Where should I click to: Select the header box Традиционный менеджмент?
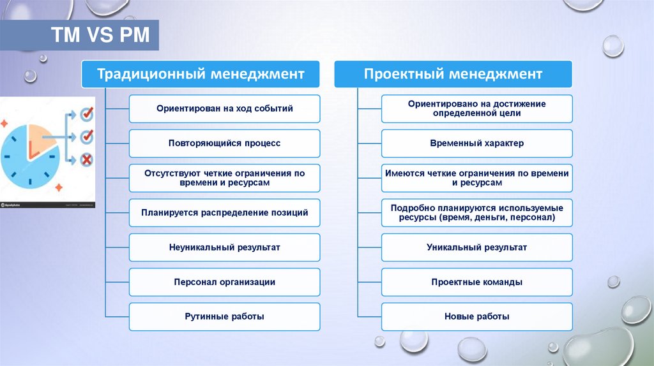click(x=201, y=75)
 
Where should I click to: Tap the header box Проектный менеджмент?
click(x=453, y=75)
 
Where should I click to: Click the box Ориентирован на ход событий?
click(x=225, y=108)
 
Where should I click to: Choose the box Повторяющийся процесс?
click(x=225, y=143)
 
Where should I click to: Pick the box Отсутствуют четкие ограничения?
click(x=225, y=178)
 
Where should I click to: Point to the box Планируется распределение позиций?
click(x=225, y=212)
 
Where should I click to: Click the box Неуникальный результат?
click(x=225, y=247)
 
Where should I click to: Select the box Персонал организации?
click(x=225, y=282)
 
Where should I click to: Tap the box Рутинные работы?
click(x=225, y=316)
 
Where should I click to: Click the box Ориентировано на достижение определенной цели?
click(x=477, y=108)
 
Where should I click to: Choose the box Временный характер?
click(x=477, y=143)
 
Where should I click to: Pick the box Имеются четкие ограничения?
click(x=477, y=178)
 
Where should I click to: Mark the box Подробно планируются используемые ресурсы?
click(x=477, y=212)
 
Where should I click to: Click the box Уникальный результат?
click(x=477, y=247)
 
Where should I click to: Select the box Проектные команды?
click(x=477, y=282)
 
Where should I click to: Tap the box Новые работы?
click(x=477, y=316)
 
